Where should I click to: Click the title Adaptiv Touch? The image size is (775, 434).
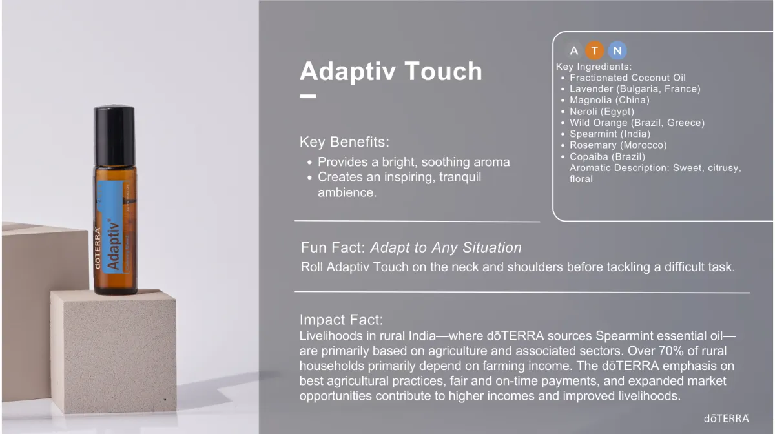391,71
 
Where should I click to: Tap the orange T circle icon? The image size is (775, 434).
595,50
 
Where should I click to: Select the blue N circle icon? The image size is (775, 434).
617,50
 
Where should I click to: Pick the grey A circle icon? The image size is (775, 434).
574,50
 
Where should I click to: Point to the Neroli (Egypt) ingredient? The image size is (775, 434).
602,112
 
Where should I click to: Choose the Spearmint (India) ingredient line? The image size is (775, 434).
610,134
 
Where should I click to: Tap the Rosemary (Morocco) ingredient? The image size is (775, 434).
618,145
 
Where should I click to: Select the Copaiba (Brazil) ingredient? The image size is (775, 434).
607,156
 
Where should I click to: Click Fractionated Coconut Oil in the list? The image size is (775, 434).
628,77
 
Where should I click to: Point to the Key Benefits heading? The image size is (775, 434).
344,142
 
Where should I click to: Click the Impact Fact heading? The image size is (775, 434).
341,320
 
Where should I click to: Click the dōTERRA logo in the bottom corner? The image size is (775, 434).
726,418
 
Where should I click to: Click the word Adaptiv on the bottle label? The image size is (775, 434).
113,244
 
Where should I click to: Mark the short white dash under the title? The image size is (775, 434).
308,97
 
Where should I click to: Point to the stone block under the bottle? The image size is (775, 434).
113,349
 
